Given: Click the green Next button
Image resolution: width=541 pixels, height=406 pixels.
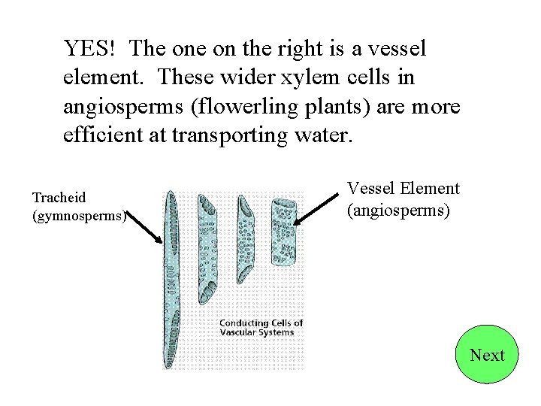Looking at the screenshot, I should tap(487, 355).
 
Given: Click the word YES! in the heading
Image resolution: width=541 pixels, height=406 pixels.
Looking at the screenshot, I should tap(89, 49).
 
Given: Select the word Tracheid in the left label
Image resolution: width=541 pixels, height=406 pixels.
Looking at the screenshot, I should tap(59, 198).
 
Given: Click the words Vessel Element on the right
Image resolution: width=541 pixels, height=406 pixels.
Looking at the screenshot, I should tap(403, 189).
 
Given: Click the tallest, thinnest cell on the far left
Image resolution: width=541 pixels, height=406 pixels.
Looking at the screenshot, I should tap(171, 278).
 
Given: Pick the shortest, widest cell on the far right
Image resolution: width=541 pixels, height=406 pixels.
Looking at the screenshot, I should tap(283, 233).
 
